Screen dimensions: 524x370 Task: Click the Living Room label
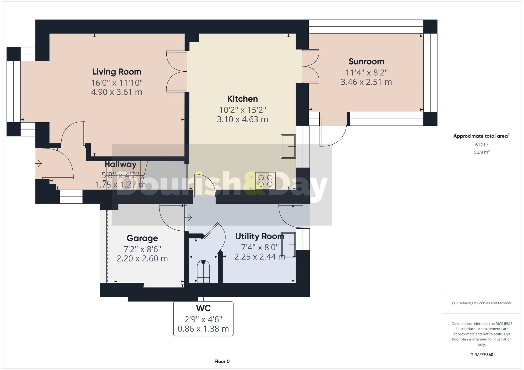pos(117,72)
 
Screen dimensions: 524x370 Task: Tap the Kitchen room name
pos(242,99)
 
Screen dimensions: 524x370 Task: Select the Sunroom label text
pos(366,61)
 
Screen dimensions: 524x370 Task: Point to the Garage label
pos(142,238)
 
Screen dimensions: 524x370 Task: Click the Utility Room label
pos(260,236)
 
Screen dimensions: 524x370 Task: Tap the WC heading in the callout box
pos(203,308)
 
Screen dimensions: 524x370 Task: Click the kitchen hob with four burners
pos(265,181)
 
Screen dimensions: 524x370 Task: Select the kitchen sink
pos(288,146)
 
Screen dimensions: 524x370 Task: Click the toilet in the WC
pos(203,271)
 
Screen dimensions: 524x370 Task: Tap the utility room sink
pos(288,244)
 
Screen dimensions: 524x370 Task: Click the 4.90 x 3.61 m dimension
pos(117,92)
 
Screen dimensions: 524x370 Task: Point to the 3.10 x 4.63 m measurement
pos(242,119)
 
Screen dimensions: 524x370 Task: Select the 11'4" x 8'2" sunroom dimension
pos(366,72)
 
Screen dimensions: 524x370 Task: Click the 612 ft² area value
pos(482,145)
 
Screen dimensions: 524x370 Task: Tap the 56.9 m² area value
pos(482,152)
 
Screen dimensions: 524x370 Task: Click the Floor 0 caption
pos(222,361)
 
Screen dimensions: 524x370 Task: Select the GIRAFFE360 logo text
pos(482,355)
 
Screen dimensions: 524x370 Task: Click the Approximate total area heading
pos(482,136)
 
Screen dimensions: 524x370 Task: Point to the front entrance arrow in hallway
pos(39,164)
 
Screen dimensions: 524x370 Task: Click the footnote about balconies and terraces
pos(482,303)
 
